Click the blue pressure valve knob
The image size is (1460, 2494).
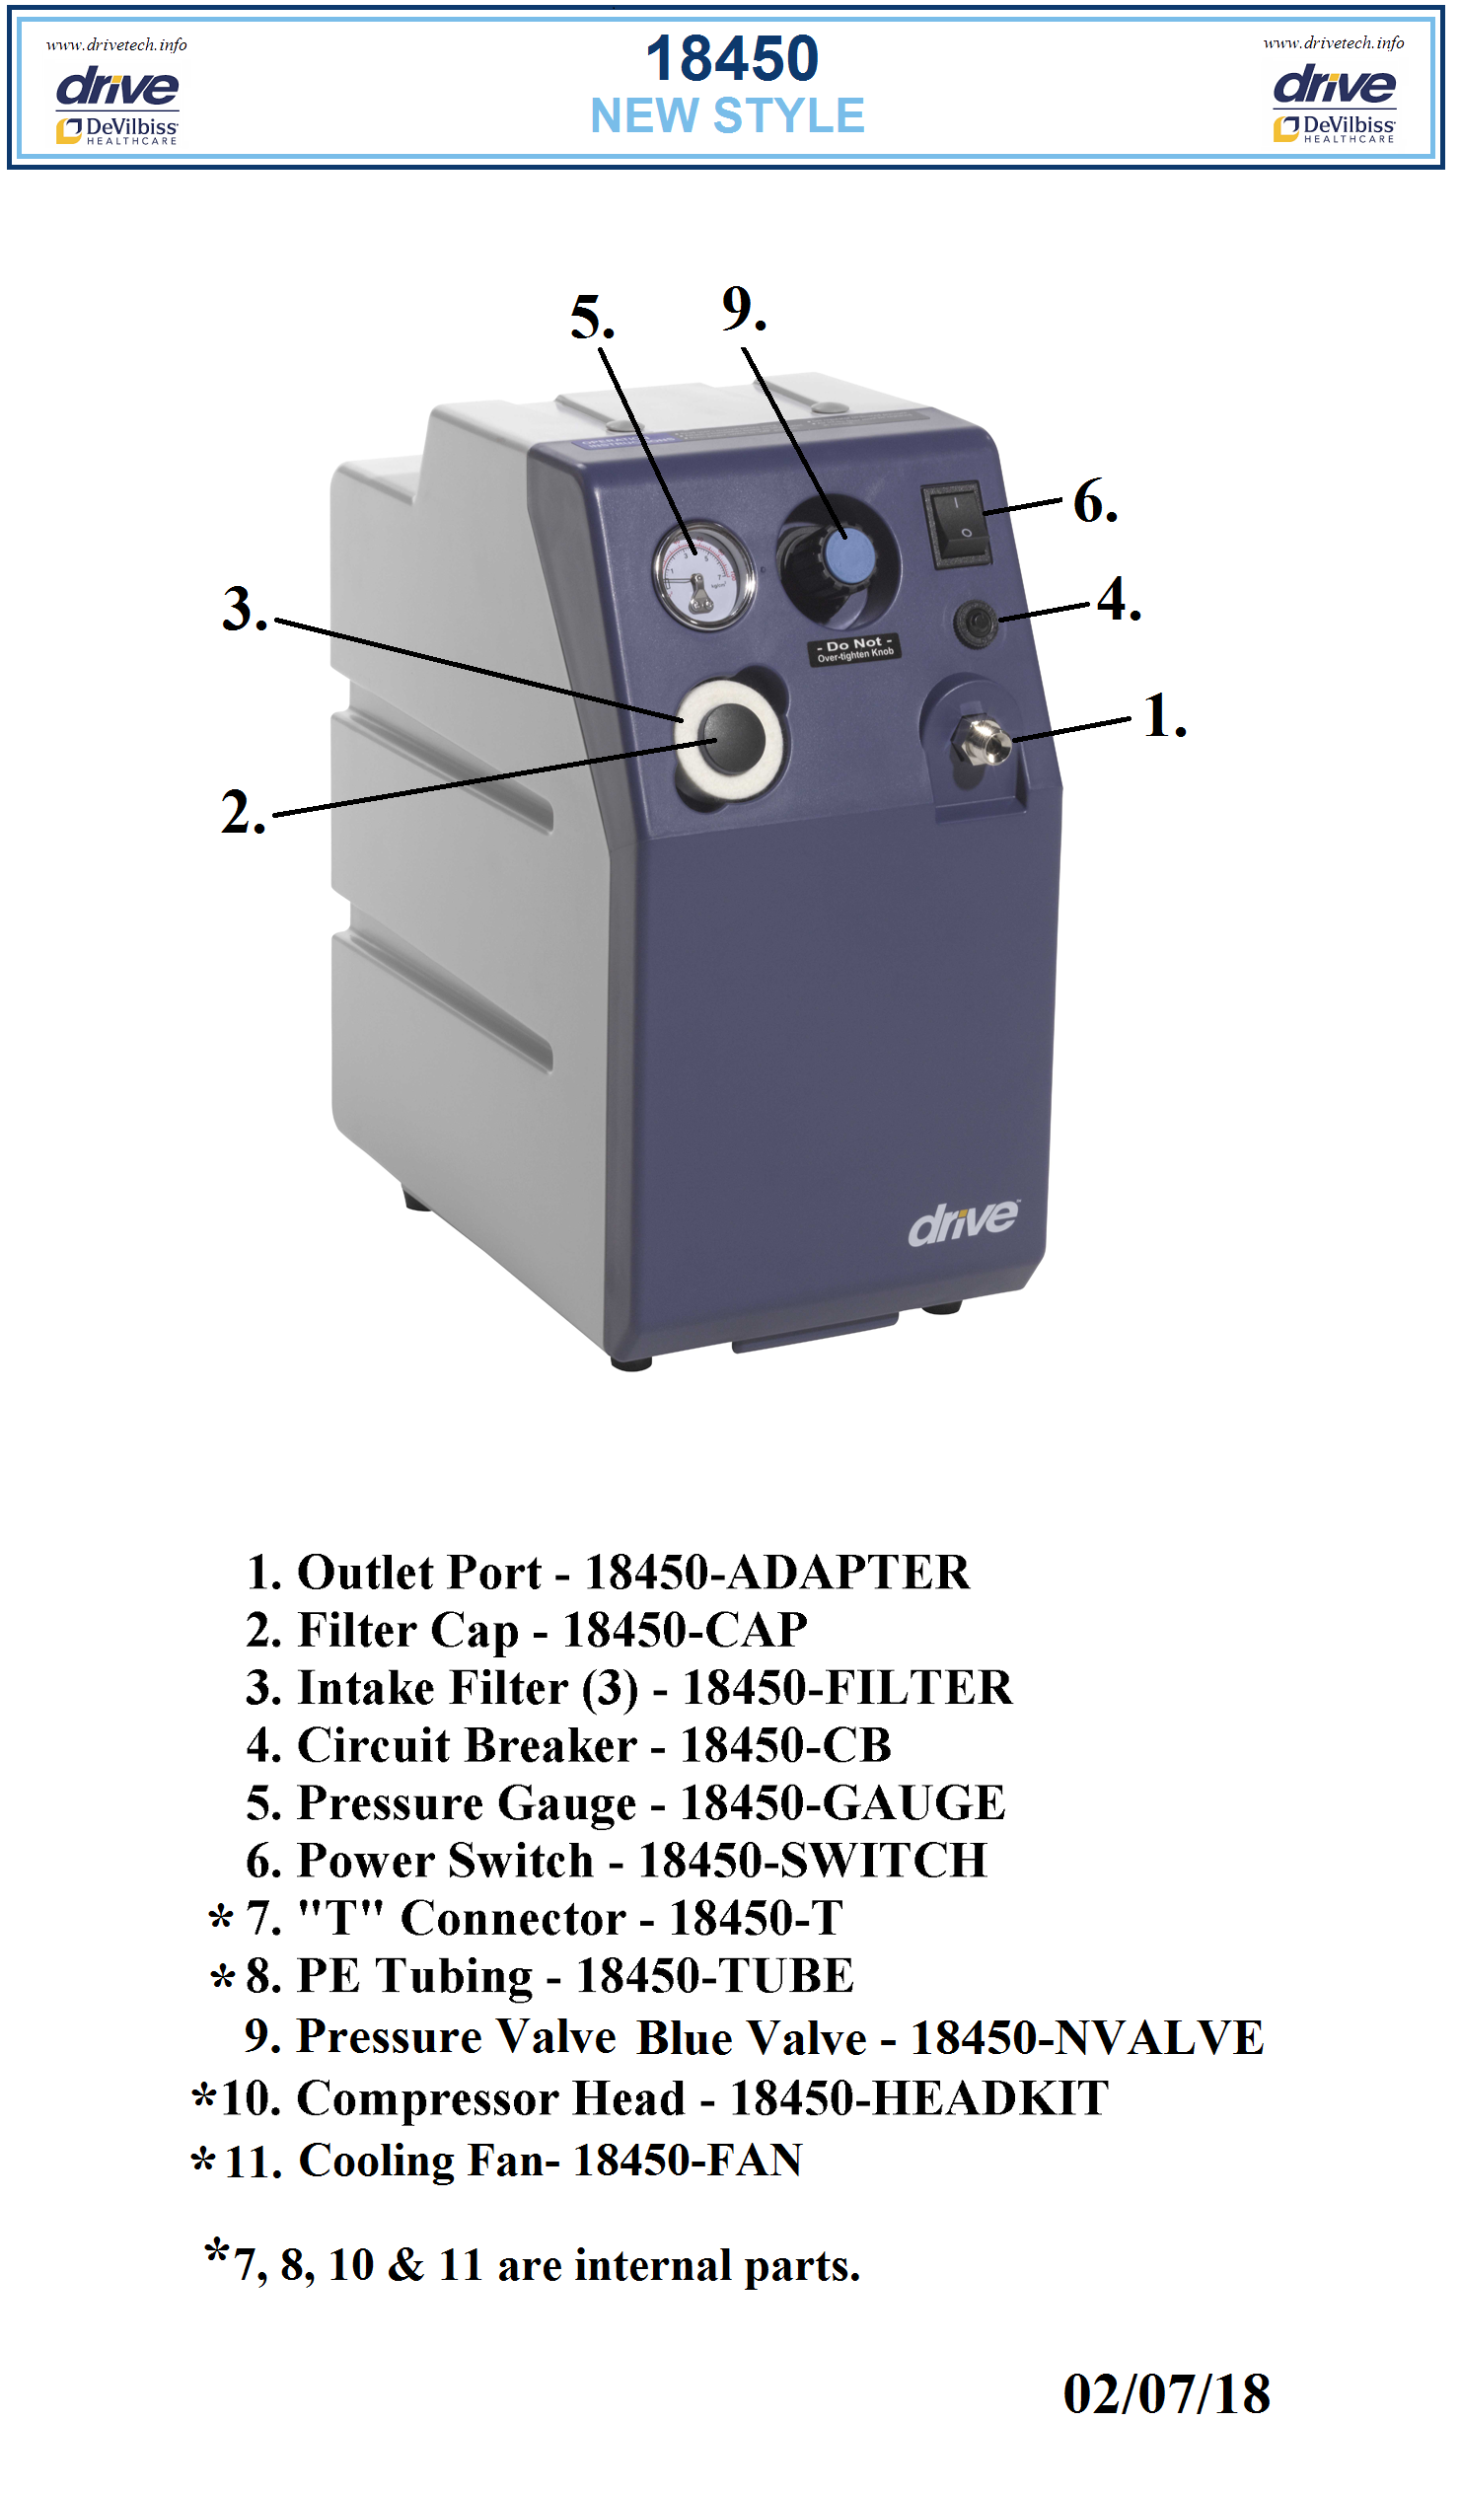(849, 556)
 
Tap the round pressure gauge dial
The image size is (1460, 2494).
(703, 576)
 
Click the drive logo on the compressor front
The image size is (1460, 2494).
(963, 1223)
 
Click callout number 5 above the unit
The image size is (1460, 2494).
(592, 319)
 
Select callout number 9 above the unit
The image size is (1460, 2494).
(745, 310)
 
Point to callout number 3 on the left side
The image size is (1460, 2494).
(245, 610)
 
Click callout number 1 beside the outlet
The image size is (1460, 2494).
(1164, 716)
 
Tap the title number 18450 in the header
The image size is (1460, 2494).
(732, 58)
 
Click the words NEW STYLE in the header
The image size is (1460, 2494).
(727, 115)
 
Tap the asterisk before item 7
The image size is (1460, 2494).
(221, 1920)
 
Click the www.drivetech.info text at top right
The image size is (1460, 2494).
(1334, 42)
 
